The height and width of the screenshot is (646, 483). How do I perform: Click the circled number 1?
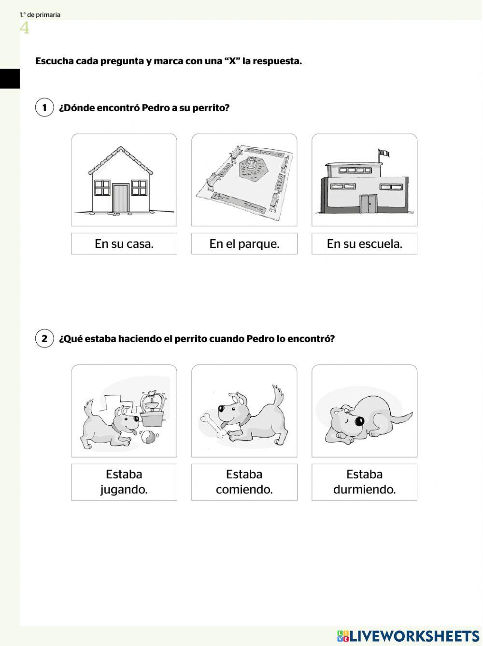(44, 107)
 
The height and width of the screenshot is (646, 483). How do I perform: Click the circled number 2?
(44, 338)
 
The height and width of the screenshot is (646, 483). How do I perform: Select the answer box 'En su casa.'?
(124, 244)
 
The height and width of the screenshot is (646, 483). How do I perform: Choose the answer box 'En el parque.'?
(244, 244)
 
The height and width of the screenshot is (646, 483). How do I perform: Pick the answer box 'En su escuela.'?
(364, 244)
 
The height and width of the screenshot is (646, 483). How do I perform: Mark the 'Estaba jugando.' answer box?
(124, 482)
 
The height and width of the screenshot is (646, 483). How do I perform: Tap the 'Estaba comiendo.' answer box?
(244, 482)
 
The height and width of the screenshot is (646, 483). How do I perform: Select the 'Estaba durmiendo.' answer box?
(364, 482)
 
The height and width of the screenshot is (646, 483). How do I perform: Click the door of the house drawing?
(121, 198)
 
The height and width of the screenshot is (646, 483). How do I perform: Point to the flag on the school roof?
(384, 153)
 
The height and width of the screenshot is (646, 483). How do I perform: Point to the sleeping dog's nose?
(359, 421)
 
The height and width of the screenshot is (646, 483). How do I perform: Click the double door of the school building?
(369, 203)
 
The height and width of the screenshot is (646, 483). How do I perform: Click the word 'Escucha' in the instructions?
(54, 61)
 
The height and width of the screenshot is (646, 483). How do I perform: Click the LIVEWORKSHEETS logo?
(408, 635)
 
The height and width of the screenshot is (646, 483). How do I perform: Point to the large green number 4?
(25, 28)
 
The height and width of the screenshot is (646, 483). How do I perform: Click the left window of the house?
(102, 187)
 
